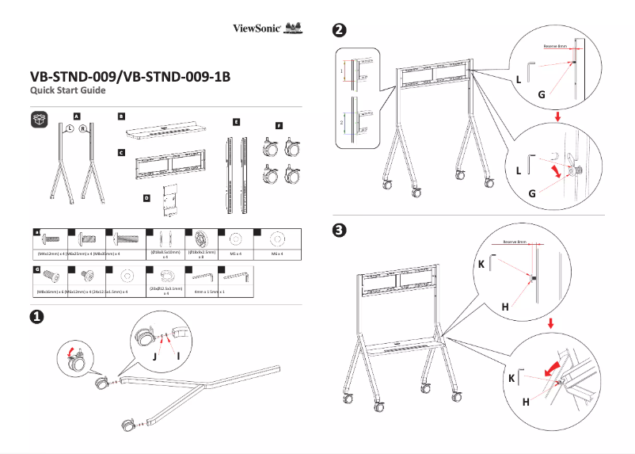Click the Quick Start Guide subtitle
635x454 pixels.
click(67, 92)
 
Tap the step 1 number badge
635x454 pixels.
click(36, 316)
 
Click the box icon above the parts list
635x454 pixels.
click(40, 119)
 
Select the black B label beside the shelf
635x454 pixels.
click(121, 116)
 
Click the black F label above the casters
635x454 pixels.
click(279, 124)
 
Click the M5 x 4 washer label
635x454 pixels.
click(234, 254)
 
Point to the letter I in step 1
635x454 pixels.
click(179, 354)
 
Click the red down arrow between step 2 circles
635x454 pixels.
click(558, 117)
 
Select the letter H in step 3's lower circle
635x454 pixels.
click(526, 402)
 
